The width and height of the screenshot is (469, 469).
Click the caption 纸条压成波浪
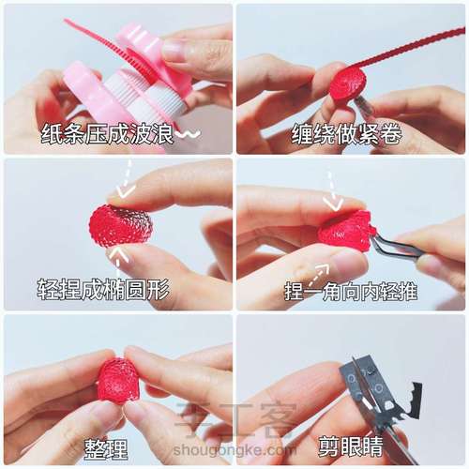pyautogui.click(x=107, y=134)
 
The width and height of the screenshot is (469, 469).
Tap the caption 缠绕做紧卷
pyautogui.click(x=346, y=134)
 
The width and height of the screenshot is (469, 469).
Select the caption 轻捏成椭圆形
pyautogui.click(x=103, y=289)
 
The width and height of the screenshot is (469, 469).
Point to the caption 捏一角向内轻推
pyautogui.click(x=351, y=292)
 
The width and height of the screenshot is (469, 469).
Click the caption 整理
pyautogui.click(x=106, y=449)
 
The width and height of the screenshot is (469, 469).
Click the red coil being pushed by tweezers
pyautogui.click(x=346, y=230)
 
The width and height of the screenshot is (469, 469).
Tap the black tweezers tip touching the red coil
pyautogui.click(x=375, y=240)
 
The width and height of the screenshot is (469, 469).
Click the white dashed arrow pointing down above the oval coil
pyautogui.click(x=127, y=179)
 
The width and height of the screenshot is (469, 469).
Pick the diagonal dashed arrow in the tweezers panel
pyautogui.click(x=319, y=275)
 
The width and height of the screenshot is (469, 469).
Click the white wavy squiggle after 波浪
pyautogui.click(x=189, y=134)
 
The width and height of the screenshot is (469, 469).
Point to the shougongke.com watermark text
pyautogui.click(x=235, y=450)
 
